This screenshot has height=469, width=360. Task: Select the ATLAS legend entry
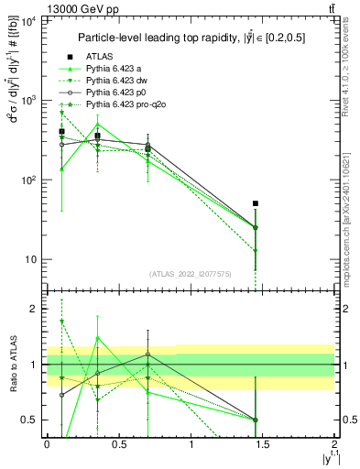click(x=100, y=56)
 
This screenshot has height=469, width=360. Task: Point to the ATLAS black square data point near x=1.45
click(x=256, y=203)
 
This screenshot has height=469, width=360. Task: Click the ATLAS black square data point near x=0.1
click(x=61, y=132)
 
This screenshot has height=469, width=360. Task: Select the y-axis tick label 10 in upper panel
click(x=29, y=259)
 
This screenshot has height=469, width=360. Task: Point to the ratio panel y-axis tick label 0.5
click(x=31, y=420)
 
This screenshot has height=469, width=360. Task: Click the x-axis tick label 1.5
click(x=264, y=444)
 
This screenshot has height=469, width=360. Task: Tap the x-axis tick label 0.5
click(x=119, y=444)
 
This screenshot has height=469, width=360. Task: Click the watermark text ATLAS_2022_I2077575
click(x=191, y=274)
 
